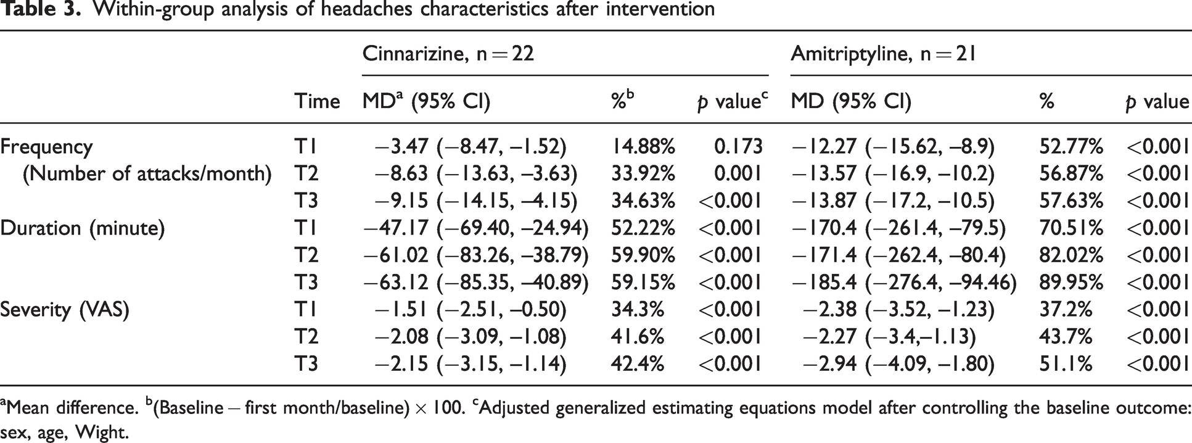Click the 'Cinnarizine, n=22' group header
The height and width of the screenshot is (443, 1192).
(448, 54)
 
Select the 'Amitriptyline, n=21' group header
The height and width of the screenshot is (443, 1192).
(883, 54)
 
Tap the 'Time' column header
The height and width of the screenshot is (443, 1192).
(317, 101)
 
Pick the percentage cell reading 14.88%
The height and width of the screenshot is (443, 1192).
(643, 147)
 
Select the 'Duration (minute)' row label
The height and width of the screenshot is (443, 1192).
(83, 228)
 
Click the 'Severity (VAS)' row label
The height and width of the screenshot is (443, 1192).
(65, 310)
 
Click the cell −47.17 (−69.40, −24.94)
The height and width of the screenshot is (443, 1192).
(476, 228)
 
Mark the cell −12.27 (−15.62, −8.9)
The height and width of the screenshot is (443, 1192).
(893, 147)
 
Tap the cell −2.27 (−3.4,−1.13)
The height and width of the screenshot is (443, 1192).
(889, 337)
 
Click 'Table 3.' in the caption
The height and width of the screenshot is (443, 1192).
(39, 9)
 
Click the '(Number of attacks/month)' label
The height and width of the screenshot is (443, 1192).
(147, 174)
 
